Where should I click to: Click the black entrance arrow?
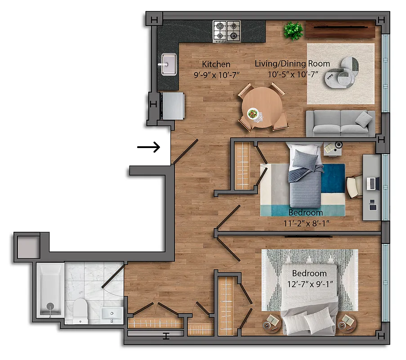click(149, 147)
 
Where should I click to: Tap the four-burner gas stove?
click(226, 31)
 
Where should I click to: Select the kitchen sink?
click(169, 63)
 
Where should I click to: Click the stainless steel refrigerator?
click(173, 105)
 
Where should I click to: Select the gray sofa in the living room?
click(340, 123)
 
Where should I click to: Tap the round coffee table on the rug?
click(342, 72)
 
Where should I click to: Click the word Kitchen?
click(216, 64)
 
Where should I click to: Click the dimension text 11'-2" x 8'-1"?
click(305, 222)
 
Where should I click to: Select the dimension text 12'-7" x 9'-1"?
click(309, 284)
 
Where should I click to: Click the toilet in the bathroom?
click(80, 310)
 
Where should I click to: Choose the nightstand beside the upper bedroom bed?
click(333, 148)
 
